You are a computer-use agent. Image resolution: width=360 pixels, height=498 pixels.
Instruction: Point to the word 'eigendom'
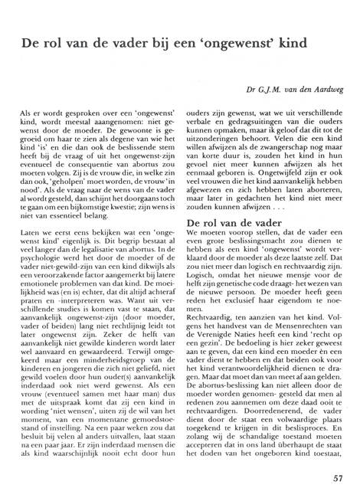click(303, 307)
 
